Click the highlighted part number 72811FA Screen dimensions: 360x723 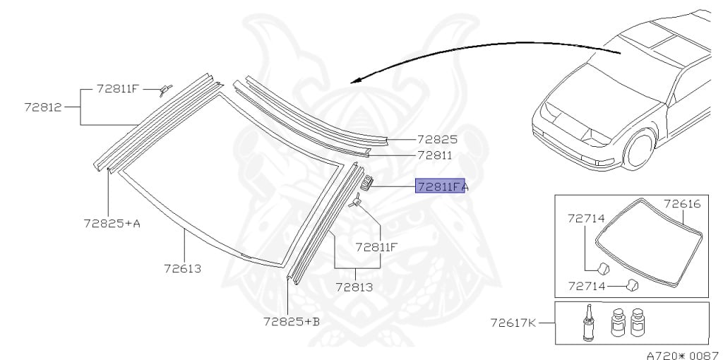tap(440, 187)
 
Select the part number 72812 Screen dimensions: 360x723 tap(42, 108)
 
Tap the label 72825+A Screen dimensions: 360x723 tap(111, 224)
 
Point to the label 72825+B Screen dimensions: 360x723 tap(291, 321)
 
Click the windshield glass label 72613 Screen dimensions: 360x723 tap(182, 268)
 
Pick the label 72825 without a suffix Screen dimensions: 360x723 tap(437, 140)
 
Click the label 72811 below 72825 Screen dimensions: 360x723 tap(434, 155)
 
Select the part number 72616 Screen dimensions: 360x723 tap(681, 203)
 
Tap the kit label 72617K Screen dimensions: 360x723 tap(513, 323)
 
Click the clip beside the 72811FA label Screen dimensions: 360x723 tap(366, 184)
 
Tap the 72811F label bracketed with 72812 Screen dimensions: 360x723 tap(118, 90)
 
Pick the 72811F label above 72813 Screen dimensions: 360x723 tap(376, 247)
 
